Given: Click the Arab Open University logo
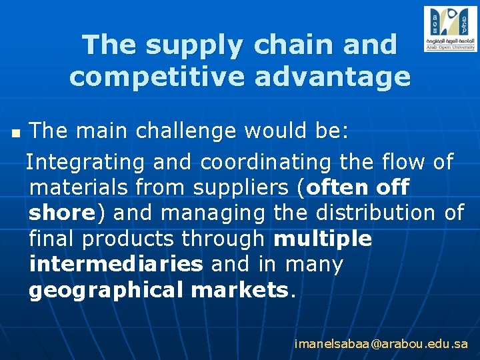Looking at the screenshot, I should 450,29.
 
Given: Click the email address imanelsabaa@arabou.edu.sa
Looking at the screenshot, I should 381,345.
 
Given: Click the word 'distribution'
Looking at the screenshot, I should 379,213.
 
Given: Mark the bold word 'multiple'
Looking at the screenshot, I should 323,239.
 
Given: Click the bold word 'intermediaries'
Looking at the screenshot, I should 116,265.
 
